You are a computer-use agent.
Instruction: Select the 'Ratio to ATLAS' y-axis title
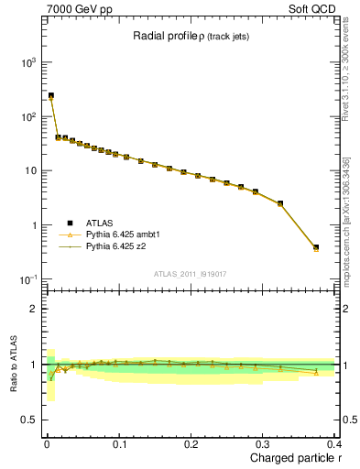point(13,364)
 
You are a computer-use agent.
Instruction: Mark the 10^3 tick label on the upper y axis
point(28,62)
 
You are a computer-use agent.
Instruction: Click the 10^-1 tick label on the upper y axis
point(28,279)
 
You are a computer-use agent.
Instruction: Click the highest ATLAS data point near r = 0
point(51,95)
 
